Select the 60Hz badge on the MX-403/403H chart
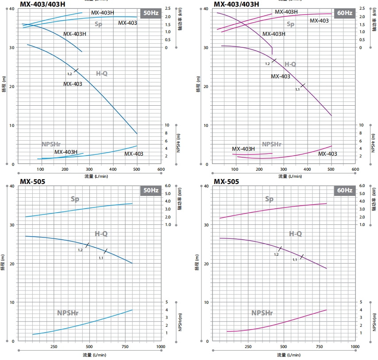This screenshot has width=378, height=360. (345, 13)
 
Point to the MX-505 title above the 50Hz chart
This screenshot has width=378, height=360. (32, 181)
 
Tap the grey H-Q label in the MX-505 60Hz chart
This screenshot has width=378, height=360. (295, 234)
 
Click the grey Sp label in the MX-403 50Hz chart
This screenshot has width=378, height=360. (98, 24)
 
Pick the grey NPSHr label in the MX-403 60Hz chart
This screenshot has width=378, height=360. (272, 144)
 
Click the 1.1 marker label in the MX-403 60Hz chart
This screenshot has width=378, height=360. (297, 89)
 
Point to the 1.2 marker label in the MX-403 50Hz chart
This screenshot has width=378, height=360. (69, 74)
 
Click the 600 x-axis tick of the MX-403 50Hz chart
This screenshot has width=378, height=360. (161, 169)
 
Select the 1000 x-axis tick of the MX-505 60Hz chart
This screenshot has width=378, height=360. (355, 347)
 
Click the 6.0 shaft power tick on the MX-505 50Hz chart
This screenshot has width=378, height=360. (168, 186)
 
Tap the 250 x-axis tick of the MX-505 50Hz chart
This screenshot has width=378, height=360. (54, 347)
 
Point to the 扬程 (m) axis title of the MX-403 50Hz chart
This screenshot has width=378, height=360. (4, 86)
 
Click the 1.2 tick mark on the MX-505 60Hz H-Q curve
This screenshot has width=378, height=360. (280, 249)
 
